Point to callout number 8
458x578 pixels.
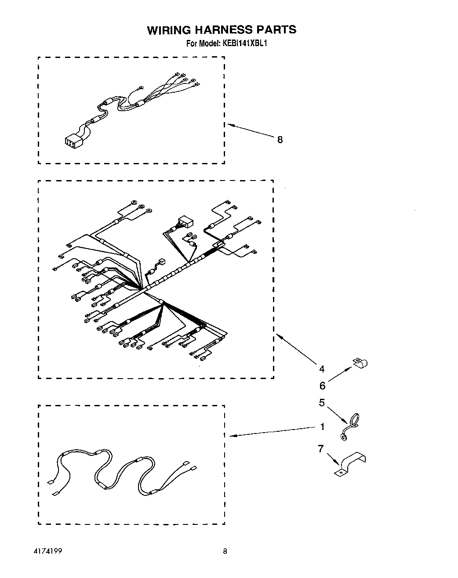click(280, 140)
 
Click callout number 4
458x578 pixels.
click(322, 369)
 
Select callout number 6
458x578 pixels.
click(322, 386)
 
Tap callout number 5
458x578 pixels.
click(322, 402)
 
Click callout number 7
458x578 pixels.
click(321, 449)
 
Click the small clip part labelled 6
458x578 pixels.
click(360, 363)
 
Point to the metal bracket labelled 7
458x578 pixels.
click(350, 465)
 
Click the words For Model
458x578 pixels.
click(202, 43)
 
